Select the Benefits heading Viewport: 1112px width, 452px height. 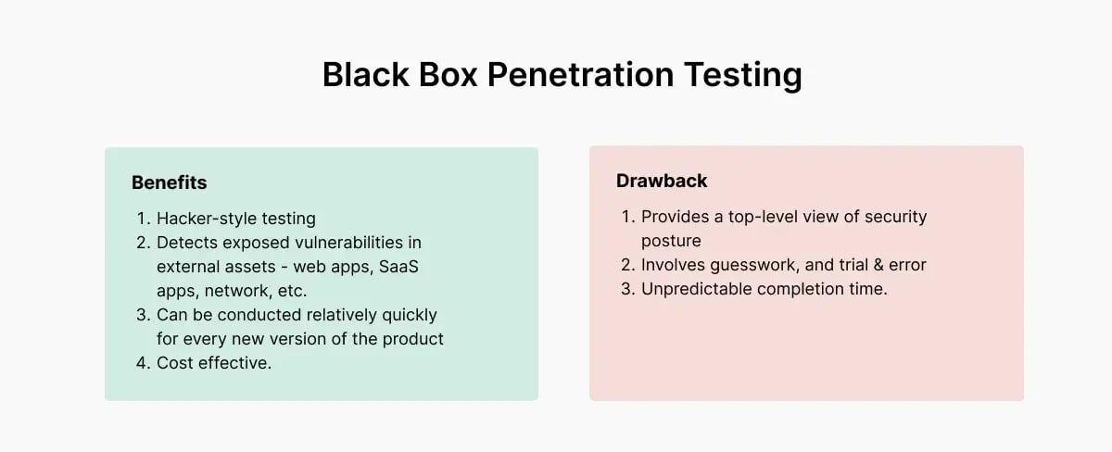tap(169, 182)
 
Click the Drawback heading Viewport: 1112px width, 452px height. tap(662, 181)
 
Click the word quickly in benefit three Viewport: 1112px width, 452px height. tap(409, 315)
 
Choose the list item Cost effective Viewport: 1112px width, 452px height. tap(214, 363)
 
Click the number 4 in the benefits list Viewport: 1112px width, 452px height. tap(142, 363)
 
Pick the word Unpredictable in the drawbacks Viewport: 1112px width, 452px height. tap(696, 289)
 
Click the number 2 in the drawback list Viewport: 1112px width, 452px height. tap(626, 265)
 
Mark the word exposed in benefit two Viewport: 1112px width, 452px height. tap(255, 243)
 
